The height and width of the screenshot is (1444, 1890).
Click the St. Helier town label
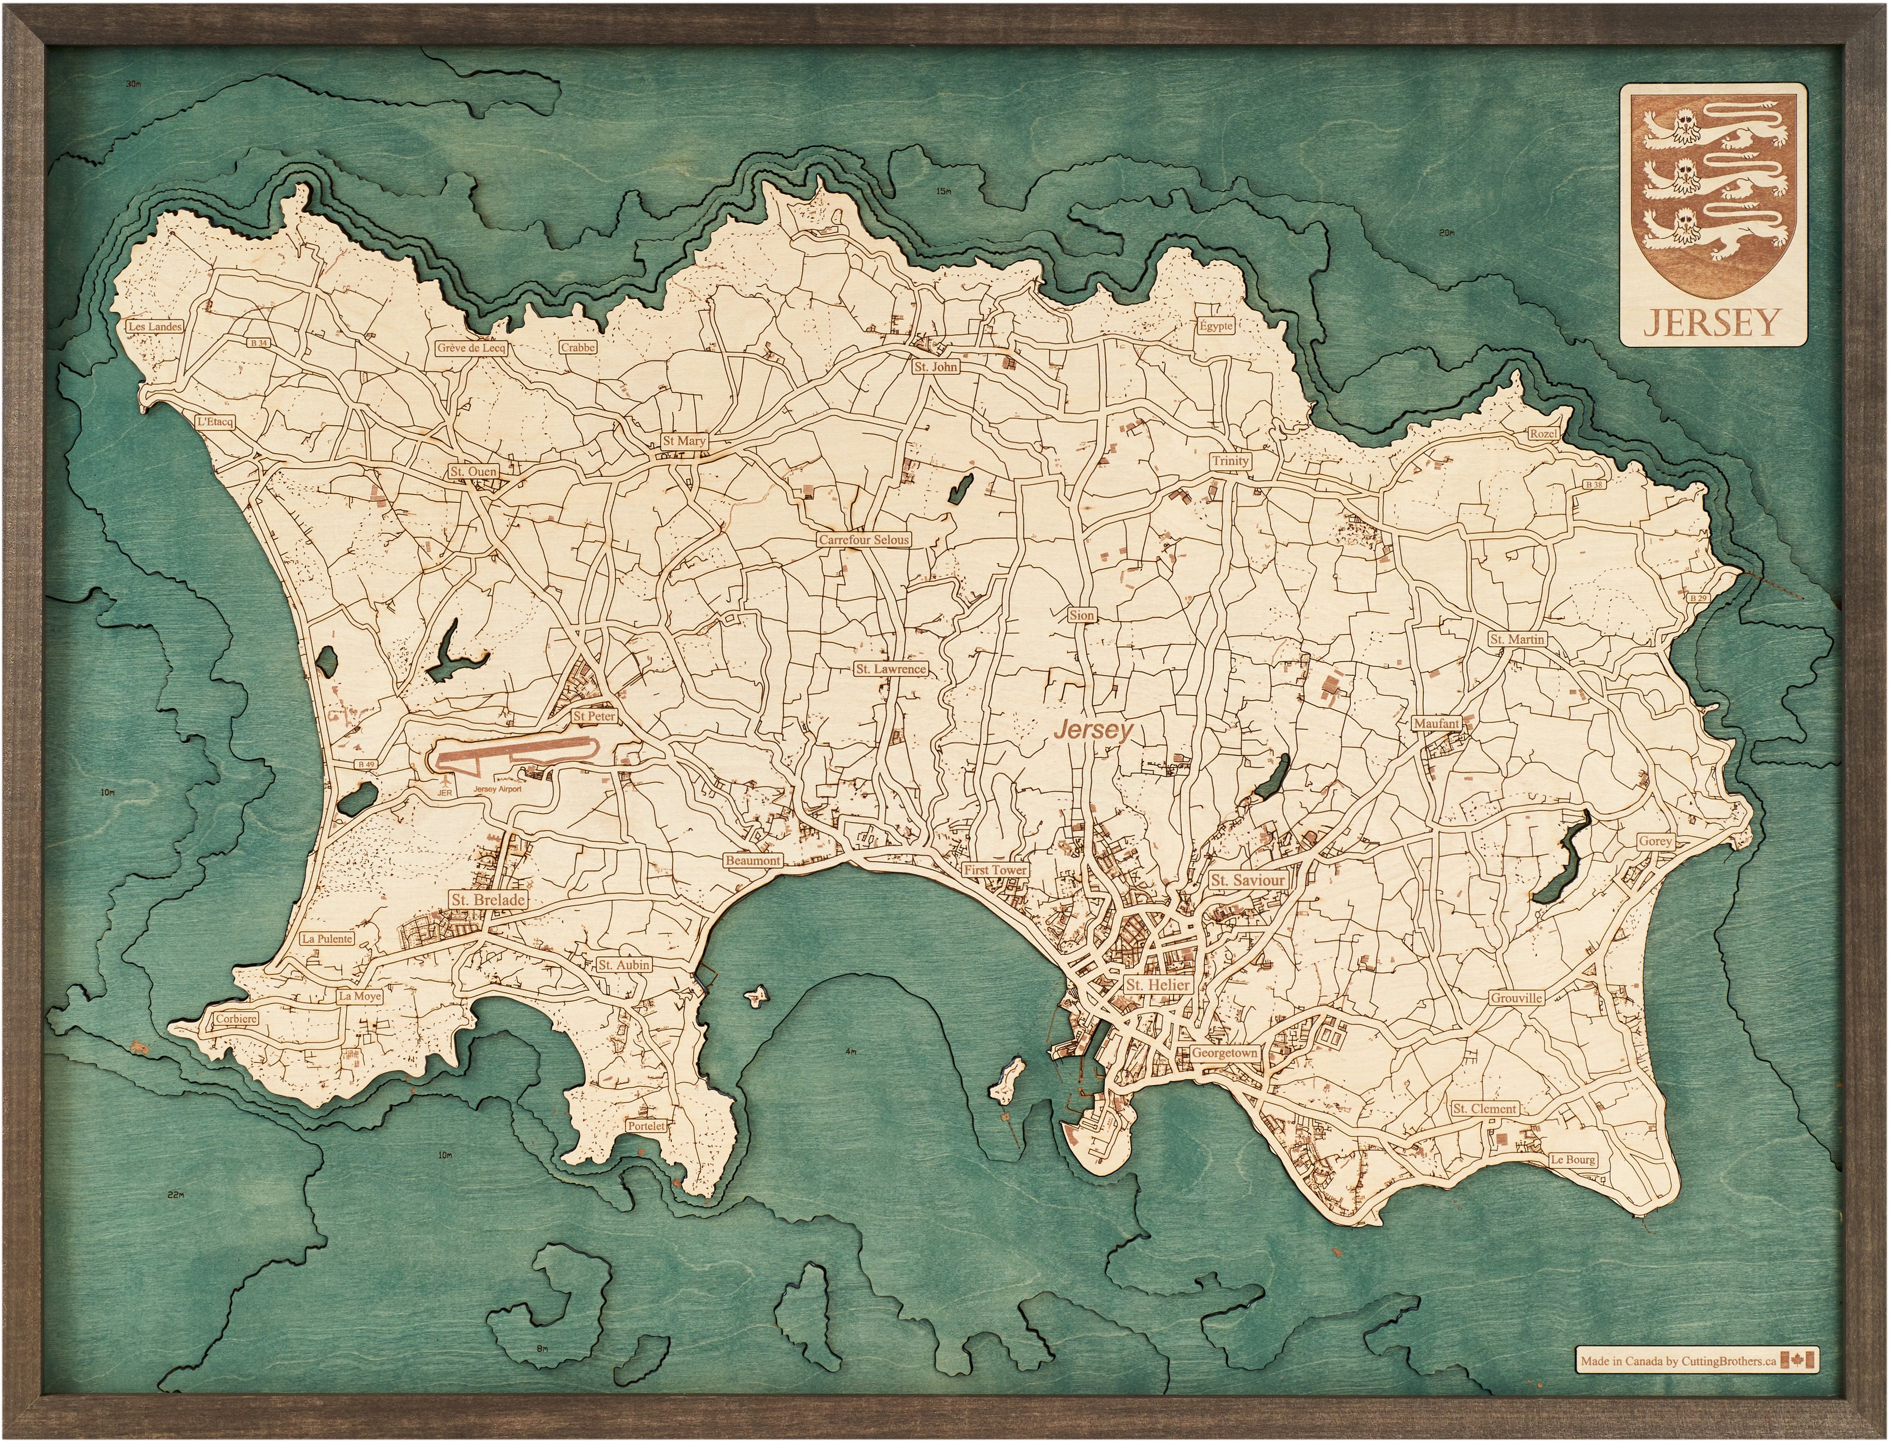(x=1158, y=985)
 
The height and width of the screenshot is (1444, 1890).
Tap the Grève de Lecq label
(x=471, y=349)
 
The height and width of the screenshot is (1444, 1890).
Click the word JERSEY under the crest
(x=1710, y=322)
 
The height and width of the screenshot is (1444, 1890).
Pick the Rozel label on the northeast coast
(x=1543, y=434)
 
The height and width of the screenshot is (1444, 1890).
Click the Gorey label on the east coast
(x=1655, y=842)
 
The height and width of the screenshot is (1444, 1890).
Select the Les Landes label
(x=155, y=327)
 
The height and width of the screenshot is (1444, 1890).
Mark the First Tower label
(x=995, y=870)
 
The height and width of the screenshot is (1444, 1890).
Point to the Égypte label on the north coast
(x=1216, y=326)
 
